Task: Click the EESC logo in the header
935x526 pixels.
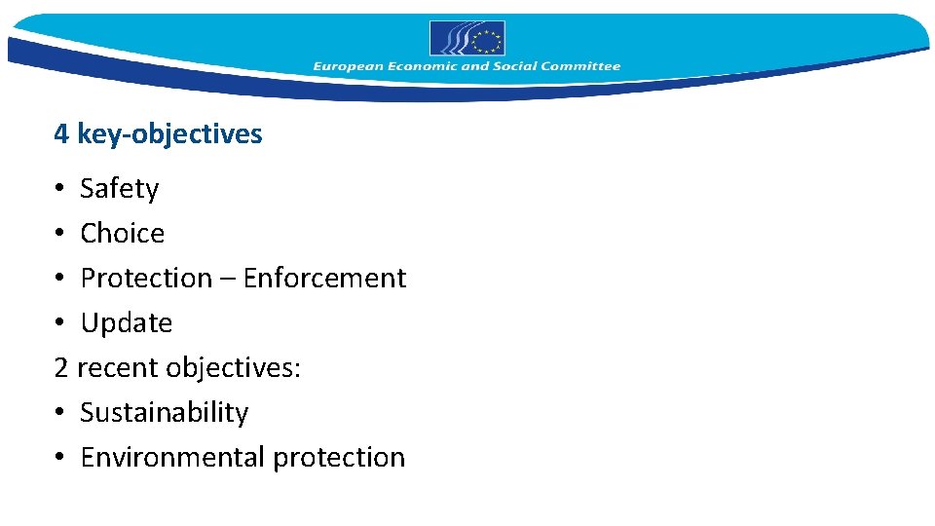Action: [x=467, y=39]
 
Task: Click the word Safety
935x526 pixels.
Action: [x=119, y=188]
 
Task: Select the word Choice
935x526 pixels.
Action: [x=122, y=233]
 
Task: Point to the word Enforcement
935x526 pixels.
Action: [x=324, y=278]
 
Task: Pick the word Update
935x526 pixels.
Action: [x=126, y=323]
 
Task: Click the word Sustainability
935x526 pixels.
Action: [x=164, y=413]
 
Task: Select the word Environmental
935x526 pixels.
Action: [x=172, y=457]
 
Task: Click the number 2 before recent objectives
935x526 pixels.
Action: [x=61, y=368]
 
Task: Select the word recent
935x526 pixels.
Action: [x=118, y=368]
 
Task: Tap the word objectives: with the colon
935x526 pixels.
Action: [x=234, y=368]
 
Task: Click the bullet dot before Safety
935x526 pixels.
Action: [x=60, y=189]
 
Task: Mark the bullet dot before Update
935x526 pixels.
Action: [x=60, y=323]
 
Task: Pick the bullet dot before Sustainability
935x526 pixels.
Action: [x=60, y=413]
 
